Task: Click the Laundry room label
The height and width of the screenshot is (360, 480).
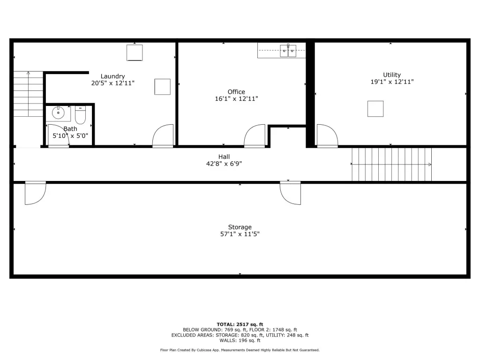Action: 112,76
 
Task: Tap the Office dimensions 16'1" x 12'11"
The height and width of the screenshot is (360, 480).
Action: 236,98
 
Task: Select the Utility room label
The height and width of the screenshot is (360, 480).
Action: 392,75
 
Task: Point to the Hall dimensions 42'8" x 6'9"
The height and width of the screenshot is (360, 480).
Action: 224,164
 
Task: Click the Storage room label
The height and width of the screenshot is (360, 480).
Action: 240,227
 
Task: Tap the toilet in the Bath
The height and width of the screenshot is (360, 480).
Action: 80,115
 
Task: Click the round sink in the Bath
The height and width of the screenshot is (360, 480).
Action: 58,112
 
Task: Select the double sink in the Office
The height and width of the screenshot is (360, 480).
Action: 288,51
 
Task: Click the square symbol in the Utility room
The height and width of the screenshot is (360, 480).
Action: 375,109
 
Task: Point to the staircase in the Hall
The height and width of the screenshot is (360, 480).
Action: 391,165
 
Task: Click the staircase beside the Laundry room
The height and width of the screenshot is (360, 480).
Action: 28,94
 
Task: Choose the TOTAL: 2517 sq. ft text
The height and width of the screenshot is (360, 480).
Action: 240,324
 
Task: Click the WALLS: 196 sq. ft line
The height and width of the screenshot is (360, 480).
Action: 240,340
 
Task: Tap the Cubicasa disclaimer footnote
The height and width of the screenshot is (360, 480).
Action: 240,350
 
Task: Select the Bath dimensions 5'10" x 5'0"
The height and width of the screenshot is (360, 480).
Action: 70,135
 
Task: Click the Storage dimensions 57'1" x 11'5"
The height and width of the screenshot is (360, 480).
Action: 240,234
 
